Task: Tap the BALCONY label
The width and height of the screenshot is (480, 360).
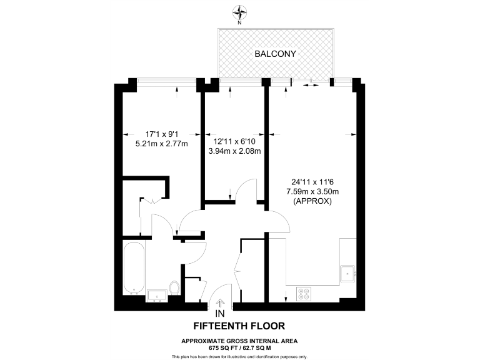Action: [275, 54]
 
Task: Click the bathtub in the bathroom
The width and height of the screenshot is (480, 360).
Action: [133, 268]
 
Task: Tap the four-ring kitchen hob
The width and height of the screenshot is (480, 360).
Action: [305, 292]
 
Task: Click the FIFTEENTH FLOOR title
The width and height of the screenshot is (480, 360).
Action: [239, 326]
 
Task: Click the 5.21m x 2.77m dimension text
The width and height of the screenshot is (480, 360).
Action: [157, 143]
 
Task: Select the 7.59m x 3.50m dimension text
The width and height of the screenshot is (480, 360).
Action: [312, 191]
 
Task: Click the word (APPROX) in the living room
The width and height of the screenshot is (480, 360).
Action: [312, 201]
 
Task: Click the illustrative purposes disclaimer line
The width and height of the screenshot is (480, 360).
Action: [239, 356]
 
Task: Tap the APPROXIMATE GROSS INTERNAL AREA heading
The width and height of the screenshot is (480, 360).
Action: [239, 340]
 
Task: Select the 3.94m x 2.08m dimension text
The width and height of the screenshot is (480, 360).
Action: [234, 151]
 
